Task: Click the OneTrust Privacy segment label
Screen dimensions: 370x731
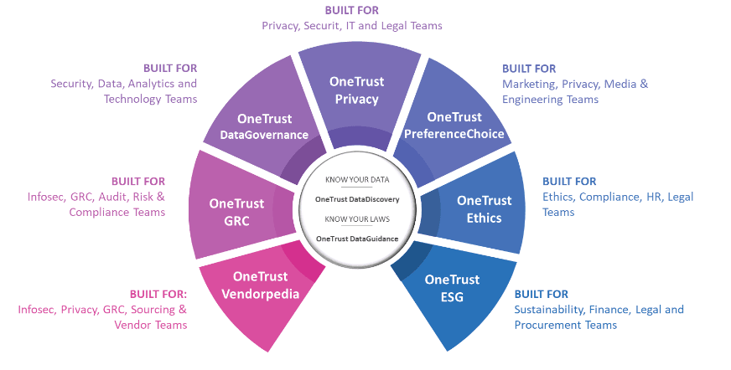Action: (357, 90)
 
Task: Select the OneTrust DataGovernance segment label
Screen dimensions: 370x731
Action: (264, 126)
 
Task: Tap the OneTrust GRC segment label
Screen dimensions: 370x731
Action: (236, 211)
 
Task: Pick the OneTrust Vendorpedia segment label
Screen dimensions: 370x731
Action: (260, 285)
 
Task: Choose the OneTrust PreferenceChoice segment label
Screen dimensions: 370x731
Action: (454, 126)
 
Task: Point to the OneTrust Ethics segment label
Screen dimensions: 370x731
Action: (484, 209)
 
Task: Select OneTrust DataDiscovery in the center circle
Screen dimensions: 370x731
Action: (357, 199)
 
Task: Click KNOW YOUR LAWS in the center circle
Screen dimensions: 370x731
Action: (357, 218)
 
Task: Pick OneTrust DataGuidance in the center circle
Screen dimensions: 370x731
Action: (357, 239)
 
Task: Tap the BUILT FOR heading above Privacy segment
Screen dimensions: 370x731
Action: (351, 10)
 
